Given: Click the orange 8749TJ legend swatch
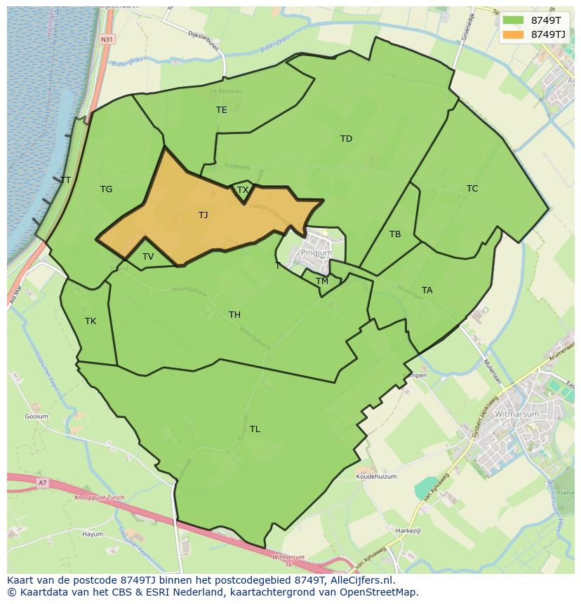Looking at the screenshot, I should (x=514, y=34).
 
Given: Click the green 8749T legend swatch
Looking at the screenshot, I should (x=514, y=20).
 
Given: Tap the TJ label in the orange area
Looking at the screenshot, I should (x=203, y=215).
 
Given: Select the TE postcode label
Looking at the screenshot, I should (x=222, y=110).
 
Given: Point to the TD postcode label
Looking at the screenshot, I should (x=346, y=139).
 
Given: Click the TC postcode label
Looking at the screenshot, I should (x=472, y=189).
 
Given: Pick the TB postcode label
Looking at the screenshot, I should (x=395, y=234).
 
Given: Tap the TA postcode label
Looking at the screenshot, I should (x=427, y=290).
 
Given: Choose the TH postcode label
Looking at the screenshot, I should (x=234, y=315).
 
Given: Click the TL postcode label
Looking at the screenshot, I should (x=255, y=429).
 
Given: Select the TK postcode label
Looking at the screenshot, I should (x=91, y=321).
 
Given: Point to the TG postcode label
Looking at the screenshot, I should (x=106, y=189).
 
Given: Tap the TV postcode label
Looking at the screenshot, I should (x=148, y=257).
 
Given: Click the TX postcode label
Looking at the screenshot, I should (x=243, y=190).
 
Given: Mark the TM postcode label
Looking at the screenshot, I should (x=322, y=281).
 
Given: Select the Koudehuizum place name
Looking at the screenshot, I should (x=376, y=476).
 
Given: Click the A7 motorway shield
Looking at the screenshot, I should (x=43, y=483).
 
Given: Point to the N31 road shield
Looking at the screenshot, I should (x=107, y=39).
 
